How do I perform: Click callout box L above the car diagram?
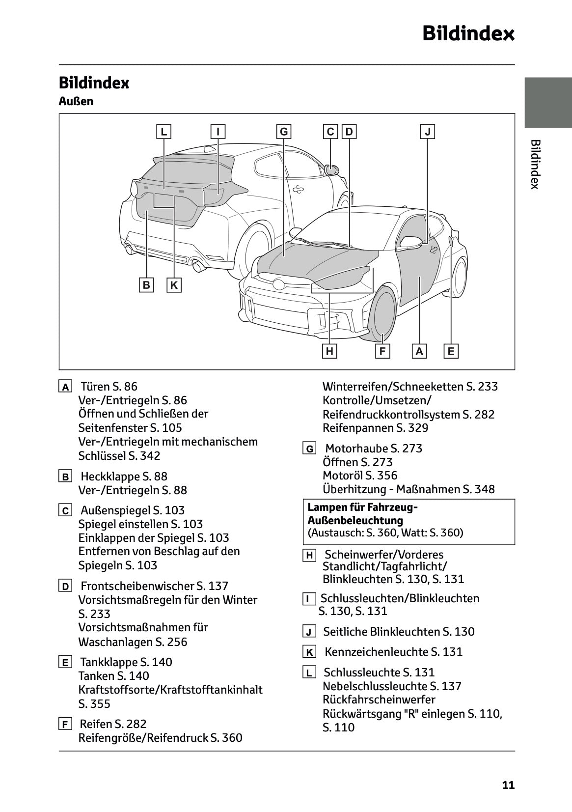[163, 132]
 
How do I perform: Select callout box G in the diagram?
[283, 132]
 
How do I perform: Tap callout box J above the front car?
[428, 132]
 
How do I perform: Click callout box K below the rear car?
[174, 285]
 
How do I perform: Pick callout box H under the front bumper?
[329, 351]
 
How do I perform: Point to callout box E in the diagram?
[451, 351]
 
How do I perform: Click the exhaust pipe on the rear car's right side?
[199, 266]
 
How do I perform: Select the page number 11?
[508, 785]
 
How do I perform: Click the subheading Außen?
[76, 101]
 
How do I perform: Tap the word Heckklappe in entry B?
[110, 476]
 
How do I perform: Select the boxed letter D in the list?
[65, 586]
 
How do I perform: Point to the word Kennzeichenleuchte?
[377, 652]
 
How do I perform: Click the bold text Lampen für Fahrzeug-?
[362, 507]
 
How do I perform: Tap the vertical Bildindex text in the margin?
[535, 164]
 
